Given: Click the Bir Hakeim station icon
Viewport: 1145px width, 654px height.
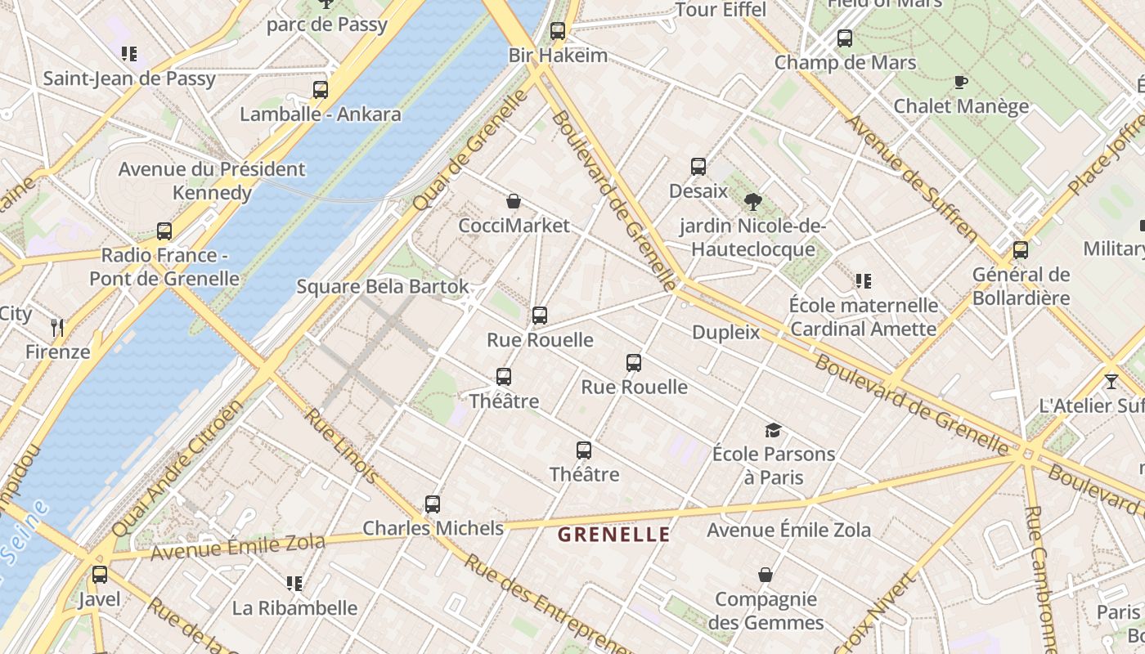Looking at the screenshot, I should (558, 32).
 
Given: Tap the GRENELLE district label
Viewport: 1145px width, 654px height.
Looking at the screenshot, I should (613, 535).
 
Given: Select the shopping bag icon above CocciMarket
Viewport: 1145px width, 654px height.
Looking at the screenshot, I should (514, 201).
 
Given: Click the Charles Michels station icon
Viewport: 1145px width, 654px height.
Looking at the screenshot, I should (433, 504).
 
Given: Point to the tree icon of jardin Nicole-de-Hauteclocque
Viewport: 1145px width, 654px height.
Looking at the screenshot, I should (753, 201).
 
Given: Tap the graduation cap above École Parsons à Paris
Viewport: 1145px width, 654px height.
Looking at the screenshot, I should (773, 430).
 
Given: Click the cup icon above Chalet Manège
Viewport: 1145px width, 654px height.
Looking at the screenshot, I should (961, 82).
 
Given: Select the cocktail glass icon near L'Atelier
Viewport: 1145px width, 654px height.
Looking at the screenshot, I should (1111, 382).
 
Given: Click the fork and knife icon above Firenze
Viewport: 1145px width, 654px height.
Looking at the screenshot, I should (57, 328).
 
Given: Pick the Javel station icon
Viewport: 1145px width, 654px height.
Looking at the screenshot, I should (100, 575).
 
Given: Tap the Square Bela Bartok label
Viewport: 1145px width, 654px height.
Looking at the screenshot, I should (383, 287).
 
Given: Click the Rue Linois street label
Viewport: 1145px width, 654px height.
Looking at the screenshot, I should (341, 446).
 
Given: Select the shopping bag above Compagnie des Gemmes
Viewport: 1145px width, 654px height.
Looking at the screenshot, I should (766, 576).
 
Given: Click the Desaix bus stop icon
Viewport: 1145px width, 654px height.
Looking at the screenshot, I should (698, 167).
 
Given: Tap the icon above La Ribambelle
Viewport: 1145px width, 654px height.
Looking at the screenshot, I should (294, 584).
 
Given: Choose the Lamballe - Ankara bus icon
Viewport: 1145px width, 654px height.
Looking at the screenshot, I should (321, 90).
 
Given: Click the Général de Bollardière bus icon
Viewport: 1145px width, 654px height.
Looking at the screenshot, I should (1021, 250).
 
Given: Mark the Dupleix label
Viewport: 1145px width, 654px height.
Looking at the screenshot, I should (726, 333).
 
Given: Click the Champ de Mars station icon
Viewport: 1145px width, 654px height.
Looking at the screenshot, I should (845, 38).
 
